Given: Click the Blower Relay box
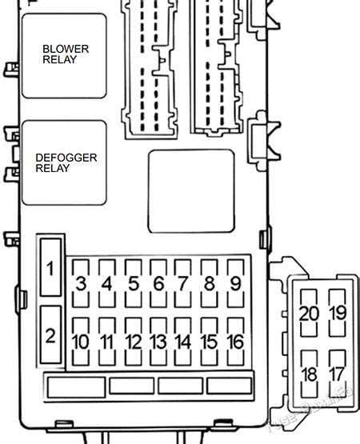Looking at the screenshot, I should [64, 55].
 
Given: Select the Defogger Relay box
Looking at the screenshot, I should [64, 163].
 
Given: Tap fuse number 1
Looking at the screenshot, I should [50, 267].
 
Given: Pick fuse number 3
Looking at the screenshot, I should [82, 283].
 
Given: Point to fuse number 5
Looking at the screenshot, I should [133, 283].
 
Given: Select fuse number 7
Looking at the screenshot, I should [183, 283].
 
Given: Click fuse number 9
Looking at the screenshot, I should [234, 283].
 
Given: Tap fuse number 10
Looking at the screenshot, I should [82, 342].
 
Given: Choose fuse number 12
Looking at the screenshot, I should [133, 342].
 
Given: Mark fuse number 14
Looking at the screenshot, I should [183, 342].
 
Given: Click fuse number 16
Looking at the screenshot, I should [234, 342].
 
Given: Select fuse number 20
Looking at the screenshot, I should [308, 313].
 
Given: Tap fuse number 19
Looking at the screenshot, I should [338, 313].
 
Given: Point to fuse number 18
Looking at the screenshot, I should [308, 374].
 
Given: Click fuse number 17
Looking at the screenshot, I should [338, 374].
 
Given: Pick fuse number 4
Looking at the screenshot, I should [107, 283].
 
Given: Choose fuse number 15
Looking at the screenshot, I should [209, 342].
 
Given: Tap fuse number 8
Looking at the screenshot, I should [209, 283].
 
